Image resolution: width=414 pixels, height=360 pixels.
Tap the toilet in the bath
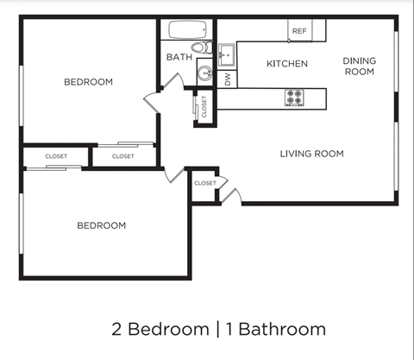199,47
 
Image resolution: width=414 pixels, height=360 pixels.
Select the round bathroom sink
205,73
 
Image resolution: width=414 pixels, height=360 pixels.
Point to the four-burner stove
295,98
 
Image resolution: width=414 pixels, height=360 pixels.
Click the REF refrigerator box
299,31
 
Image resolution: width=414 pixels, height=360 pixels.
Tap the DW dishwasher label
228,79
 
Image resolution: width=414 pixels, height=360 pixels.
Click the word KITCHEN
286,64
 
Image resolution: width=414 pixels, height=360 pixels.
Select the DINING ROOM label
359,66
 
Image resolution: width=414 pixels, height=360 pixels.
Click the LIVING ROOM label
311,154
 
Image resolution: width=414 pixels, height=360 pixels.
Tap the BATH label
179,58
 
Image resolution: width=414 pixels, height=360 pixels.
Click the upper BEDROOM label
88,82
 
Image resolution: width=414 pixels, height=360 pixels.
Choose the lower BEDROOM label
101,225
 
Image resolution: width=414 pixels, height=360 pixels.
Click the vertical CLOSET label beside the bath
204,106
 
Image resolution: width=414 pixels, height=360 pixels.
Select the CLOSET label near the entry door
205,183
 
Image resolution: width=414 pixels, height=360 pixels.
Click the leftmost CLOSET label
56,156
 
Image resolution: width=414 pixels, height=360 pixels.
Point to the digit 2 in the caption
116,329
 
